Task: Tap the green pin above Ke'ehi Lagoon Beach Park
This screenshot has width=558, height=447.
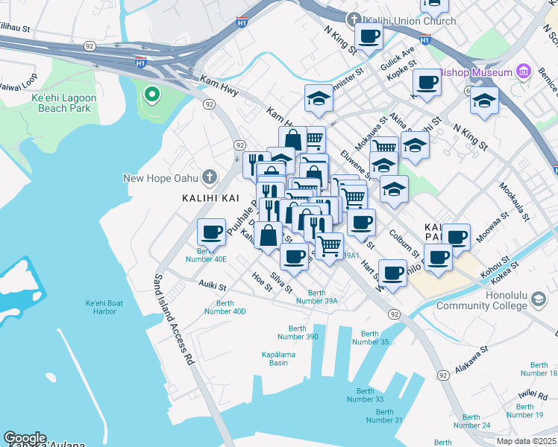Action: [x=151, y=95]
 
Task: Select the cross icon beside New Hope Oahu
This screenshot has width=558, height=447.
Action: [x=210, y=177]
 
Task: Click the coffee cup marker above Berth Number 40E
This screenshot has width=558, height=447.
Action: [x=212, y=231]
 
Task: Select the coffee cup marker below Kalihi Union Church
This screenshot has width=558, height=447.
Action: [x=367, y=36]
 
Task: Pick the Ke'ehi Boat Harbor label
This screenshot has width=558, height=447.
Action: [x=111, y=307]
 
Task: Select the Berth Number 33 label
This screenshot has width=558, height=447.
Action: [x=365, y=395]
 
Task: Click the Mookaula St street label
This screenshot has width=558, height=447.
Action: [x=515, y=202]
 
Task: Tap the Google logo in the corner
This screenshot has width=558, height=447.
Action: [x=25, y=438]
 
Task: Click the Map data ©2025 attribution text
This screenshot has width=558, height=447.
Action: [x=525, y=441]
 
